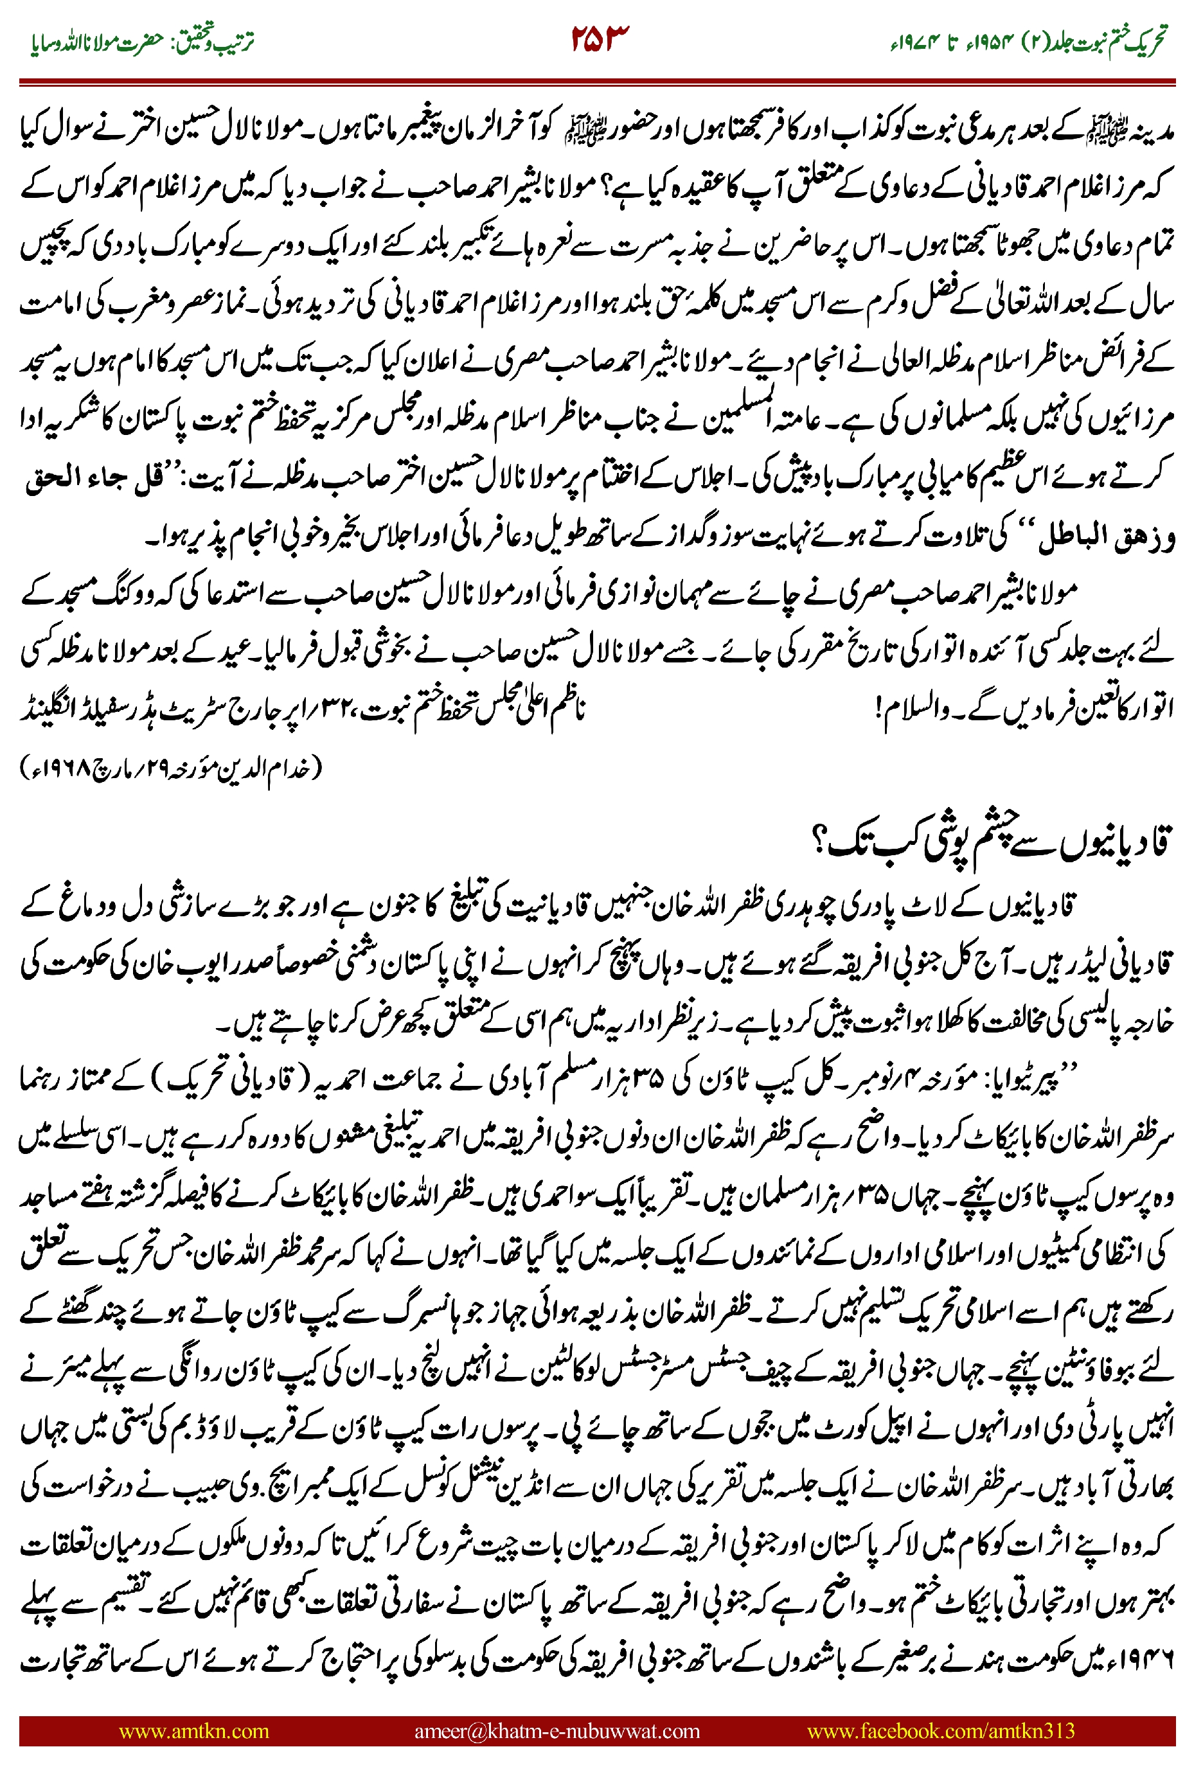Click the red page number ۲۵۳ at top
click(x=600, y=40)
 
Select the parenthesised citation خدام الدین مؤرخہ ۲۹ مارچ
click(x=172, y=767)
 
